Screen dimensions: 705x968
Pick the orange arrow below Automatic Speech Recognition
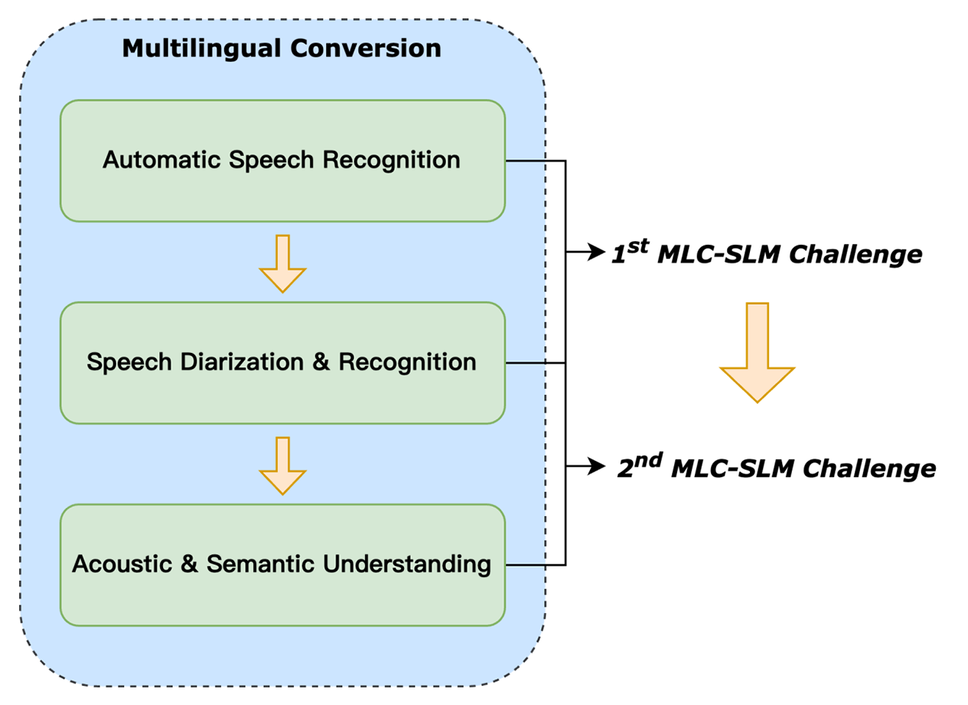click(282, 263)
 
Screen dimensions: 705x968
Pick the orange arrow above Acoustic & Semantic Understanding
click(282, 465)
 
